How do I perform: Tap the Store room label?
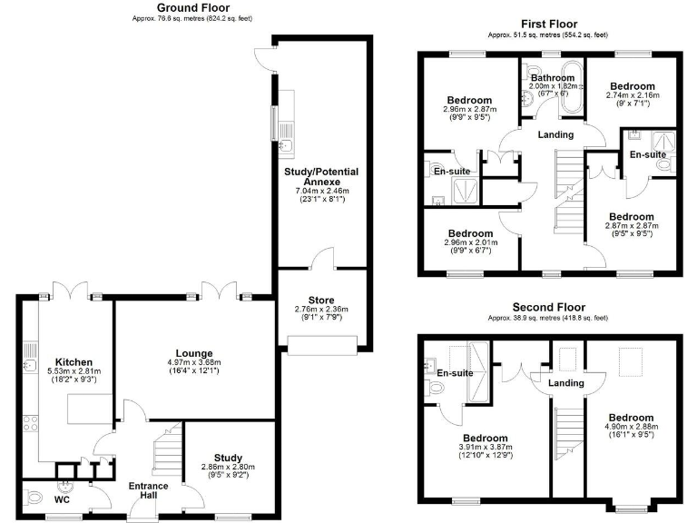(x=322, y=300)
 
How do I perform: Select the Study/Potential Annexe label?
(x=322, y=176)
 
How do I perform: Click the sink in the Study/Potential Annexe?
(x=282, y=144)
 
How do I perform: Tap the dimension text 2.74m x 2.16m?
(x=633, y=94)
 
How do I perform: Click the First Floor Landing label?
(x=555, y=134)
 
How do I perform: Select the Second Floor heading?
(x=547, y=308)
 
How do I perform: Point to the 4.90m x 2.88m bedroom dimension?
(x=632, y=427)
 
